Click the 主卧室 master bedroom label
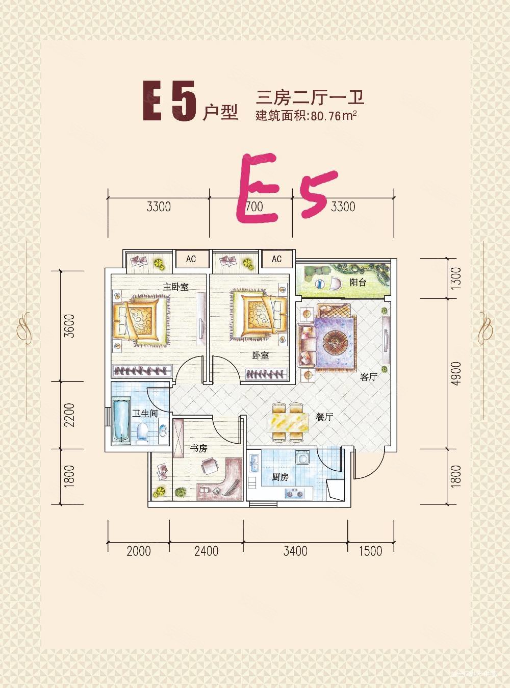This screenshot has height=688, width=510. click(175, 287)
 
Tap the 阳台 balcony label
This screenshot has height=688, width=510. click(358, 282)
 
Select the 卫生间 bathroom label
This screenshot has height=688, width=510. click(145, 413)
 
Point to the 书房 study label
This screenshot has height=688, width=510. click(198, 448)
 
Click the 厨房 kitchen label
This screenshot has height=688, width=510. click(280, 477)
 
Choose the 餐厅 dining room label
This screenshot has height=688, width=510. click(324, 417)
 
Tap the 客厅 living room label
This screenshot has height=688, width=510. click(368, 377)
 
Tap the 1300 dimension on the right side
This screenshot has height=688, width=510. click(455, 278)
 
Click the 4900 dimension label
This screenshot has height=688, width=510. click(455, 373)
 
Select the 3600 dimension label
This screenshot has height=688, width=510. click(69, 326)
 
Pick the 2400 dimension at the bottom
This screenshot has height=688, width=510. click(206, 551)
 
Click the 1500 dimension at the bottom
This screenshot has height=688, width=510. click(370, 551)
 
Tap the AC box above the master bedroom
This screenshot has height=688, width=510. click(191, 259)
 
